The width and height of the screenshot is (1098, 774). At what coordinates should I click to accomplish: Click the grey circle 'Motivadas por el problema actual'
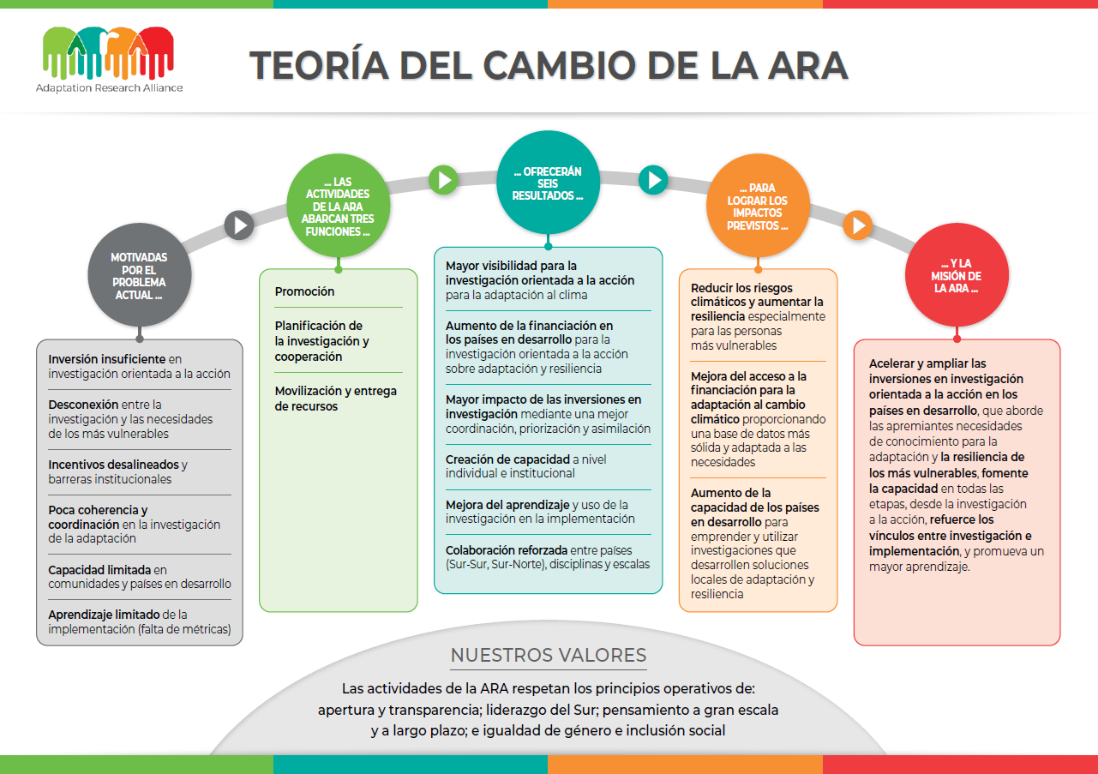[140, 275]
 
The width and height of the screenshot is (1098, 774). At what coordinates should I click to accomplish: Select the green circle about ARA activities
[339, 206]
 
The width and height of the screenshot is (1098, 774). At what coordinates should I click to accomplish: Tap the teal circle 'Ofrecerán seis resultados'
[548, 183]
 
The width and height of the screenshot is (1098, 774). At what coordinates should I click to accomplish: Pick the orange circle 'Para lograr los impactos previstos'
[758, 206]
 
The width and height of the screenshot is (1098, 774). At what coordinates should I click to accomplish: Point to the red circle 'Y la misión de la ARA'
[957, 275]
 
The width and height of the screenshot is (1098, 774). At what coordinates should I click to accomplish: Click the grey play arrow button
[239, 225]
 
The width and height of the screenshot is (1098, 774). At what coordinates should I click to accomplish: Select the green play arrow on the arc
[444, 180]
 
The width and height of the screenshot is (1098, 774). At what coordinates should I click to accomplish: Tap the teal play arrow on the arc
[653, 180]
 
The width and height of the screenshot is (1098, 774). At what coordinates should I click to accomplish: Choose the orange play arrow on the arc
[858, 225]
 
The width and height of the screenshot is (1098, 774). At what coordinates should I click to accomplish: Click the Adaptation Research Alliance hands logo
[109, 53]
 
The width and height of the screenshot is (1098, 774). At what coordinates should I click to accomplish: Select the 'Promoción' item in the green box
[304, 291]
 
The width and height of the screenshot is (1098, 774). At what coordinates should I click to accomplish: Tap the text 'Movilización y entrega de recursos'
[336, 399]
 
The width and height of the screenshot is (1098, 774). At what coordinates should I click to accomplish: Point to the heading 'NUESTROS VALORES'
[549, 655]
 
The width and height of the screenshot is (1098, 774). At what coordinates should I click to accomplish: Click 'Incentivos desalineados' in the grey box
[113, 465]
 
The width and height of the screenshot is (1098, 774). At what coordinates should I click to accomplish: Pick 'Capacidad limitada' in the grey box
[99, 570]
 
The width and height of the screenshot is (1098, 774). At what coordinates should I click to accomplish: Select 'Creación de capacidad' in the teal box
[507, 459]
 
